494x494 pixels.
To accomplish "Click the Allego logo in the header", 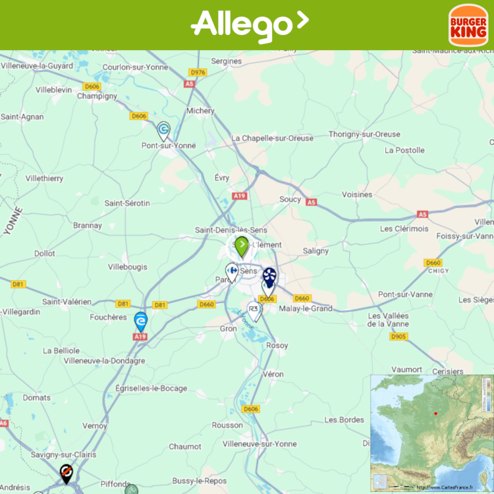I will (249, 25).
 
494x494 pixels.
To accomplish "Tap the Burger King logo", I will (468, 25).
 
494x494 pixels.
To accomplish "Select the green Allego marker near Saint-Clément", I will (242, 246).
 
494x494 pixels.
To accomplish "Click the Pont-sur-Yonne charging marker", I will (163, 130).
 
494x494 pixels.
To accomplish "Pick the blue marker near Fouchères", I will (140, 321).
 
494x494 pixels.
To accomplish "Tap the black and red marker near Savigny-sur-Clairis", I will (66, 473).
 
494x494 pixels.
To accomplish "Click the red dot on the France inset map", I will (435, 414).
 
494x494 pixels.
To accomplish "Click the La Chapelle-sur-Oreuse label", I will (273, 138).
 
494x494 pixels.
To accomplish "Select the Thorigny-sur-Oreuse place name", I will (364, 134).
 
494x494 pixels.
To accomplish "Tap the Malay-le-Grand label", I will (306, 308).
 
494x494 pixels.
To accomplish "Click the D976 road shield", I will (198, 72).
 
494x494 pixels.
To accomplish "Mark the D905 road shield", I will (398, 337).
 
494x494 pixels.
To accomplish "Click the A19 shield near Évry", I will (239, 196).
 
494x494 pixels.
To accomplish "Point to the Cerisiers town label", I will (447, 371).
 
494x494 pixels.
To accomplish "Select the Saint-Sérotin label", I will (127, 203).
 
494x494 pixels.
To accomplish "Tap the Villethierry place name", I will (44, 178).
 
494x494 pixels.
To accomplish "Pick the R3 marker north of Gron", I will (254, 310).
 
